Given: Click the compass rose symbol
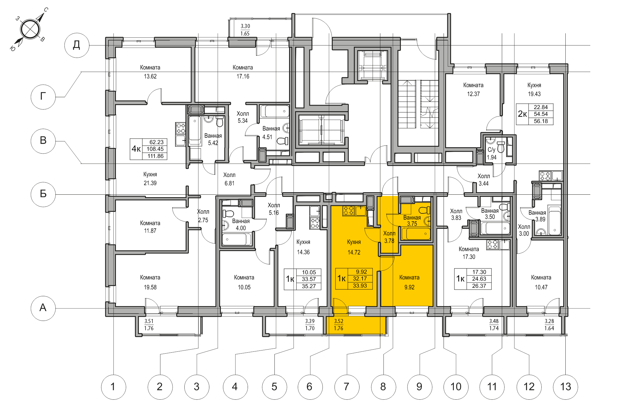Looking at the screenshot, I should coord(30,29).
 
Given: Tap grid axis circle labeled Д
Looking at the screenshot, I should coord(77,45).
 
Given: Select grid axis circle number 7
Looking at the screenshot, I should coord(346,387).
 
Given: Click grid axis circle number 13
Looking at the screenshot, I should coord(565,387).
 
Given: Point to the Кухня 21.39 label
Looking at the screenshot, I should coord(150,179).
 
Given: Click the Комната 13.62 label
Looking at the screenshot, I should coord(150,72).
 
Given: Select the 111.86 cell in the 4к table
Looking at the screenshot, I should coord(155,156).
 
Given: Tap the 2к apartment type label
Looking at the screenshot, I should coord(522,114).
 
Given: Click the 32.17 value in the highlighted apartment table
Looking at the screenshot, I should coord(360,279).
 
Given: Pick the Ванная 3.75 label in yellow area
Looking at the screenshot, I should coord(412,221).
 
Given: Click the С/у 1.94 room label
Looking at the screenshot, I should coord(492,154).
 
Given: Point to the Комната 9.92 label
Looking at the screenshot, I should coord(409,282).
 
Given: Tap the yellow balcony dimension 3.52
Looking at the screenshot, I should coord(339,321).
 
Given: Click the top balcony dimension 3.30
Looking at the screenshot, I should coord(245,26).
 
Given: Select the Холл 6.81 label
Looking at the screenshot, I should coord(230,179).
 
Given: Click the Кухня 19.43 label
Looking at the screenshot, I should coord(534,89).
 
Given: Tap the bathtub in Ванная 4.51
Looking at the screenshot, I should coord(274,111).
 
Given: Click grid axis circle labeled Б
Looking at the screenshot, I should coord(43,194).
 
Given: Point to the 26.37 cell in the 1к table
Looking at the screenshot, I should coord(479,286).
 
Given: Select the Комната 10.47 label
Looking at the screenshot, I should coord(541,282).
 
